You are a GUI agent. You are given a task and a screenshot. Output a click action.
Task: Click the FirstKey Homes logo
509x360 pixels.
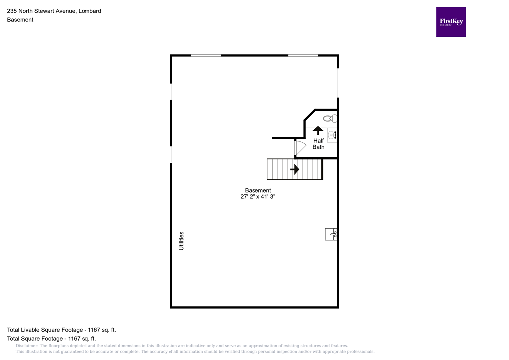pyautogui.click(x=451, y=22)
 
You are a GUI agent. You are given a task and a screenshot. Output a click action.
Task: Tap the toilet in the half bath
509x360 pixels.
pyautogui.click(x=330, y=118)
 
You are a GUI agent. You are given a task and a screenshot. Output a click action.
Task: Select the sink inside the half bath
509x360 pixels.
pyautogui.click(x=332, y=135)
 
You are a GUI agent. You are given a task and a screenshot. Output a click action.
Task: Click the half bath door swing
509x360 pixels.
pyautogui.click(x=300, y=148)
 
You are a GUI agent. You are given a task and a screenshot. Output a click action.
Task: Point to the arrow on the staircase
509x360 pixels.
pyautogui.click(x=294, y=169)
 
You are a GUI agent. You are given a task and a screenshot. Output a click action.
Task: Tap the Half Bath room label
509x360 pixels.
pyautogui.click(x=318, y=144)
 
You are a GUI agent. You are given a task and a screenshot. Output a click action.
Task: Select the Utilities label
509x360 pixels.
pyautogui.click(x=181, y=240)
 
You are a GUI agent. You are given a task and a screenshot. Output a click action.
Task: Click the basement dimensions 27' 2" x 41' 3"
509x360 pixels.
pyautogui.click(x=257, y=197)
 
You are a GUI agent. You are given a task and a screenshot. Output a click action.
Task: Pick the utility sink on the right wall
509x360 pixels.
pyautogui.click(x=332, y=234)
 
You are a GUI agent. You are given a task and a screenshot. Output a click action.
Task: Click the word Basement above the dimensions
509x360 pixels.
pyautogui.click(x=257, y=190)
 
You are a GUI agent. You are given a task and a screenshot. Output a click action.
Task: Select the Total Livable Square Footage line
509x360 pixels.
pyautogui.click(x=62, y=330)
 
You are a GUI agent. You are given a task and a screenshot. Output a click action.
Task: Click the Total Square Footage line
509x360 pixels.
pyautogui.click(x=51, y=338)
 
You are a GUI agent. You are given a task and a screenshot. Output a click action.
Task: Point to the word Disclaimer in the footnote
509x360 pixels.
pyautogui.click(x=27, y=346)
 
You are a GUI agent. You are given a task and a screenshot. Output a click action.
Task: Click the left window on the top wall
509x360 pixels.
pyautogui.click(x=206, y=56)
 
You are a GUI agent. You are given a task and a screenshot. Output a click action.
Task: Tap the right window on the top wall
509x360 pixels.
pyautogui.click(x=303, y=56)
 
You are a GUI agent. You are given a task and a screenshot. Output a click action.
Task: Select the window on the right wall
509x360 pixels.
pyautogui.click(x=338, y=83)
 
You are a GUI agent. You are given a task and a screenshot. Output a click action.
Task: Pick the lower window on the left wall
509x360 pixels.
pyautogui.click(x=171, y=154)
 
